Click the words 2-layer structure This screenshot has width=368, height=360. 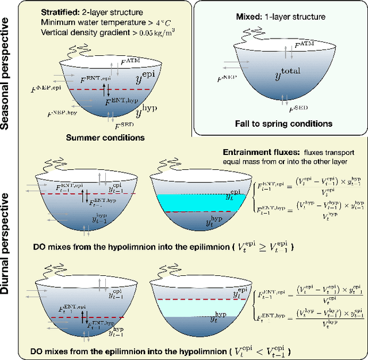click(112, 12)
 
